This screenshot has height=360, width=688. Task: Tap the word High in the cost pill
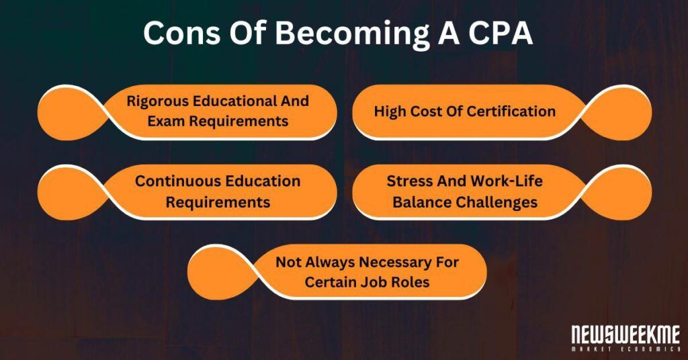390,111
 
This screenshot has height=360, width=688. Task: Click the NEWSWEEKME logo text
626,334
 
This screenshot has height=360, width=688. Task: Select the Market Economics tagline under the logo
626,349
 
